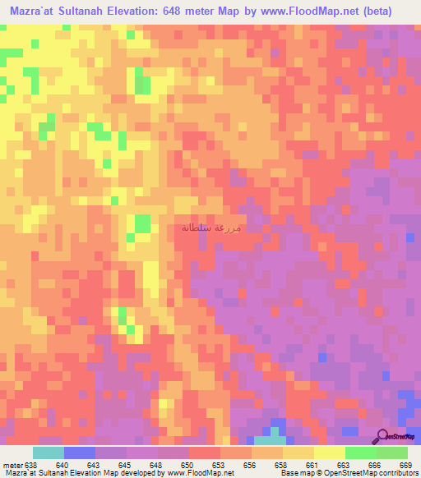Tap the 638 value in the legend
pyautogui.click(x=31, y=464)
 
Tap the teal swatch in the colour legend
pyautogui.click(x=49, y=453)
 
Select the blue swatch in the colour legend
pyautogui.click(x=80, y=453)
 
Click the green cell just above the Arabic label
pyautogui.click(x=143, y=223)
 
